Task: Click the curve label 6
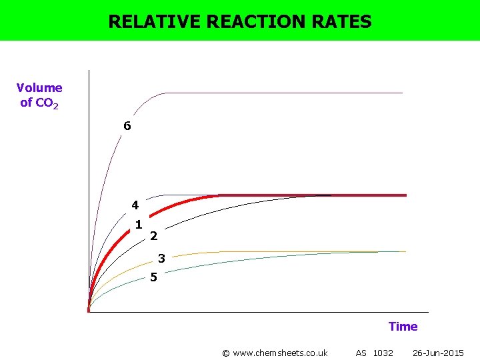click(127, 125)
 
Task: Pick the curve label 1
click(138, 224)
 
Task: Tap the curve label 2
click(153, 235)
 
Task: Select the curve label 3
click(161, 259)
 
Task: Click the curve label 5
click(153, 277)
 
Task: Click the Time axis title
click(403, 326)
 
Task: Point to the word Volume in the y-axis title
click(39, 87)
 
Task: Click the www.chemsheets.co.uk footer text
click(279, 353)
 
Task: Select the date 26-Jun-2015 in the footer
click(438, 353)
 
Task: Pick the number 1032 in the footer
click(383, 353)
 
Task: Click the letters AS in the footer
click(361, 353)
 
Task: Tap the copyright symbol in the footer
click(225, 353)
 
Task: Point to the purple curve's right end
click(402, 93)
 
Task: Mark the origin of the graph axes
click(89, 311)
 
